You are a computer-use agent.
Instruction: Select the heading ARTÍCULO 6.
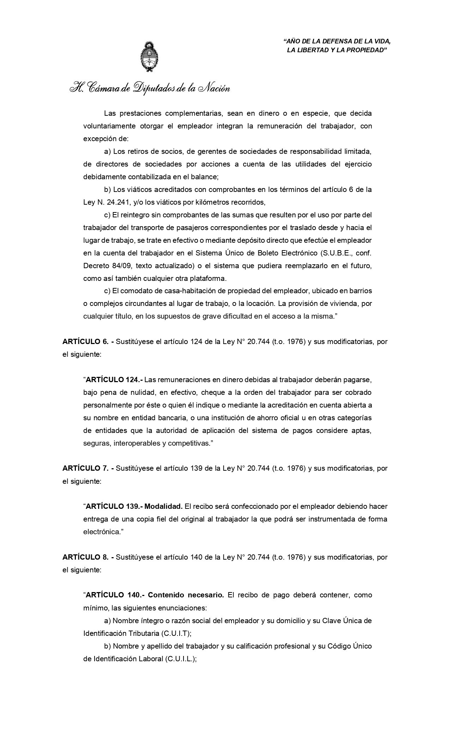pos(85,342)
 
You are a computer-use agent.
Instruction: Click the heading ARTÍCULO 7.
pos(85,469)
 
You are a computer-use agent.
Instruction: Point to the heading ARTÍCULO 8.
pos(85,558)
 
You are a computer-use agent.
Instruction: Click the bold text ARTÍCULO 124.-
pos(114,380)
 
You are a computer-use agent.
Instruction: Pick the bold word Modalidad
pos(164,507)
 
